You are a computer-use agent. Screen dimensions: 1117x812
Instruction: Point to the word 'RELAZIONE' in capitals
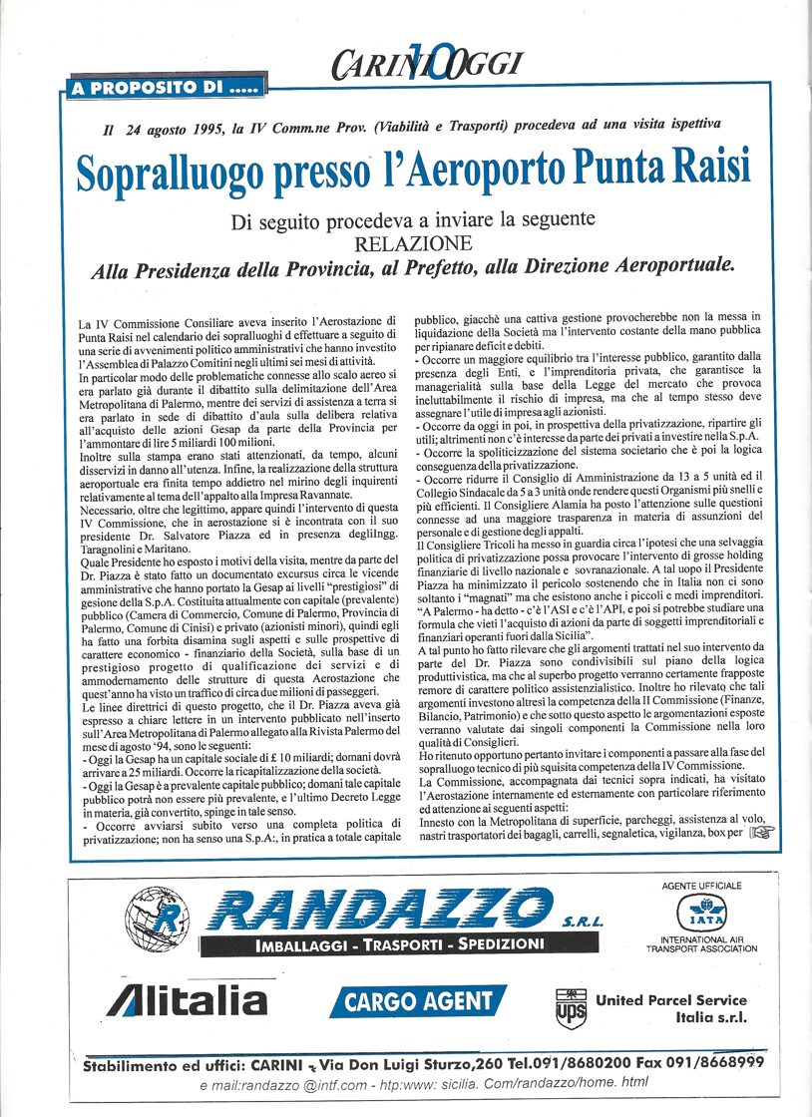point(411,242)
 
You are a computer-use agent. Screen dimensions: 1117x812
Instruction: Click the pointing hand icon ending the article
point(760,833)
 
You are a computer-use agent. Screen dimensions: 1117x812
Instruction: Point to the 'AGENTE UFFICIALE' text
point(701,885)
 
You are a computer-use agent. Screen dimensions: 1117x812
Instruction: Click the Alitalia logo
point(187,998)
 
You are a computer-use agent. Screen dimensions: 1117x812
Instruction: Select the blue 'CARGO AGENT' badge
point(418,1000)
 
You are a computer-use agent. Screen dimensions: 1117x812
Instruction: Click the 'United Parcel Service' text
point(670,999)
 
